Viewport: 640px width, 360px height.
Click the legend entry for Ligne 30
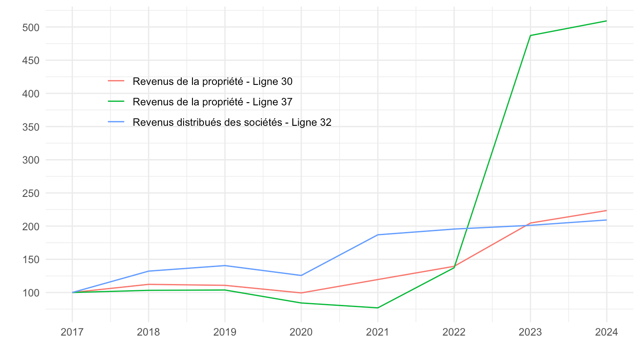click(x=212, y=81)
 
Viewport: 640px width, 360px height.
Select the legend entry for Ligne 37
click(x=212, y=102)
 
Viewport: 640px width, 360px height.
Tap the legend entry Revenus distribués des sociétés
click(x=232, y=122)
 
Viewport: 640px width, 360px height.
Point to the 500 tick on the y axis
click(x=31, y=27)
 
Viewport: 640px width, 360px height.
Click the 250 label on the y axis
click(x=31, y=193)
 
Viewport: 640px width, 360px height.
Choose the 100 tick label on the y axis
click(x=31, y=293)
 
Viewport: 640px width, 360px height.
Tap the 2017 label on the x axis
click(x=72, y=332)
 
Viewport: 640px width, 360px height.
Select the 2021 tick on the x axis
click(x=377, y=332)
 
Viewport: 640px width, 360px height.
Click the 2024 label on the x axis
click(x=606, y=332)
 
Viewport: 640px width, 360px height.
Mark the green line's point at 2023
click(x=530, y=36)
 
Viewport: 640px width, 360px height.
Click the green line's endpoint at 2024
click(x=606, y=21)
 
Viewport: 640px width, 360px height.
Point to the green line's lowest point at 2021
click(x=377, y=308)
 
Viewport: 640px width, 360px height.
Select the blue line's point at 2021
click(x=377, y=235)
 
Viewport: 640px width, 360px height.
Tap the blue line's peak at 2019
click(x=225, y=266)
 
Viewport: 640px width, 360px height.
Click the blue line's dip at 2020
click(x=301, y=276)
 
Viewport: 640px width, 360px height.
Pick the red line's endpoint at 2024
click(x=606, y=211)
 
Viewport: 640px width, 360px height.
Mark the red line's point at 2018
click(x=148, y=284)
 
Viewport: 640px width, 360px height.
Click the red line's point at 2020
click(x=301, y=293)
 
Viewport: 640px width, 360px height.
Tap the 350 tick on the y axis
click(x=31, y=127)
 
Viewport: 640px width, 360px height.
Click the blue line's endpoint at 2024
click(x=606, y=220)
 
